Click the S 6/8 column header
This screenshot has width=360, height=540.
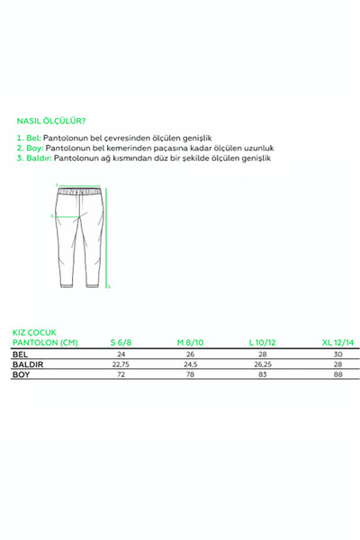(122, 341)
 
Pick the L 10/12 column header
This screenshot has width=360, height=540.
(264, 341)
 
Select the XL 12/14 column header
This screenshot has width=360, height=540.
(338, 341)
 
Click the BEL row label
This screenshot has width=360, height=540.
(19, 354)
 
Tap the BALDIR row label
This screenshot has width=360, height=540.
(27, 364)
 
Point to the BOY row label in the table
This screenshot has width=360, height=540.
(20, 374)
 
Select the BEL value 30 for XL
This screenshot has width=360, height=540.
(338, 354)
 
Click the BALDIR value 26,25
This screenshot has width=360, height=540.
(262, 364)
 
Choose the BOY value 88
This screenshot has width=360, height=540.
(338, 374)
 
